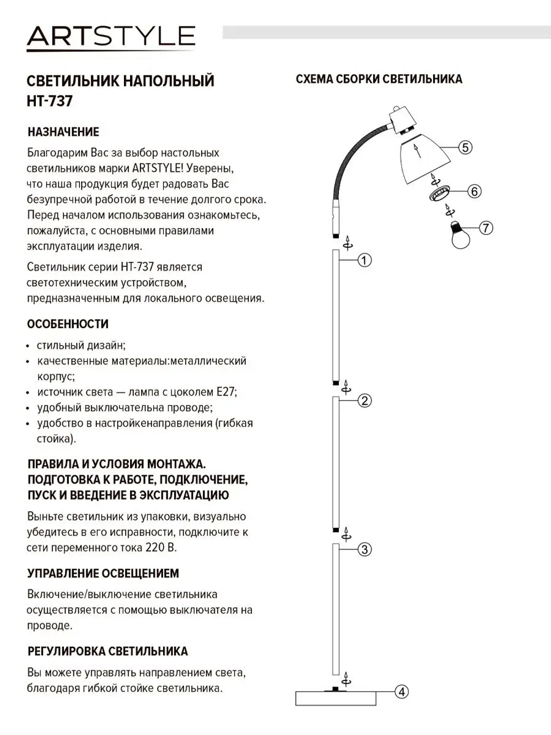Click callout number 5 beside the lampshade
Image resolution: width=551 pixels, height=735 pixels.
465,147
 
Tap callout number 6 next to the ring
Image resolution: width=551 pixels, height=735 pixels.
474,191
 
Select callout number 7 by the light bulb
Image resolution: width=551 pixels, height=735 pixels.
485,228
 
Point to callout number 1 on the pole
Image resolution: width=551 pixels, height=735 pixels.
365,260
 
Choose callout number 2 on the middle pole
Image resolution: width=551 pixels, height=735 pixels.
365,401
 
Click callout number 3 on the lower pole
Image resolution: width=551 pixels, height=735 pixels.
365,549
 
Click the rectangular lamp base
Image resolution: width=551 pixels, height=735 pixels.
336,699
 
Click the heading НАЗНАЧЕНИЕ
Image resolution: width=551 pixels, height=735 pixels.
63,132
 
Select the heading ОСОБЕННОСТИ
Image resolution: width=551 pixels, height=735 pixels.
68,324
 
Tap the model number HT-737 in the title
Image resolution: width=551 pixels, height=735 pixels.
50,101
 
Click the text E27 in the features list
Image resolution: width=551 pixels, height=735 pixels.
226,392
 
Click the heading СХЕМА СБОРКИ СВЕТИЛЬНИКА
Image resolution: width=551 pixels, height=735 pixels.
379,79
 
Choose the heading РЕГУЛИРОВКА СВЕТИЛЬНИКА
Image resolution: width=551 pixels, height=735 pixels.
107,651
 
